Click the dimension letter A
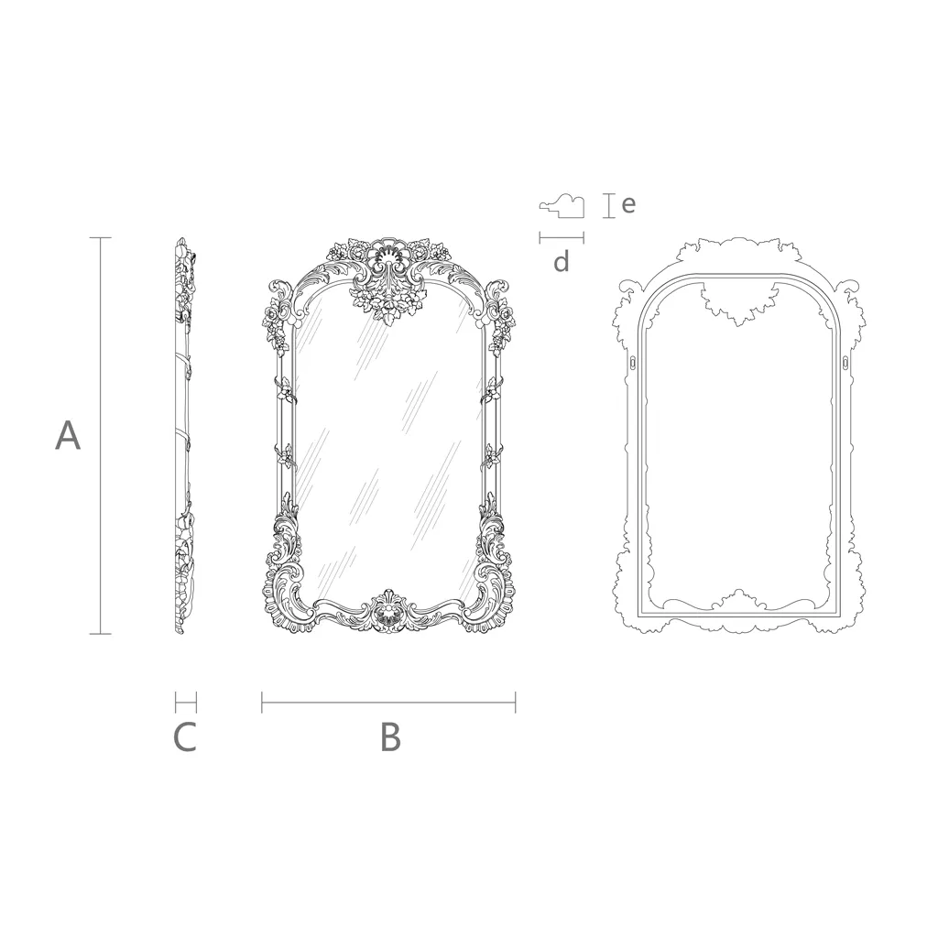click(x=68, y=435)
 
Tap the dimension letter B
click(x=390, y=737)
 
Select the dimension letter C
click(x=185, y=737)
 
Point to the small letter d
click(x=562, y=261)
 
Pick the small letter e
click(x=628, y=204)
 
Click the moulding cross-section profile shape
click(x=562, y=206)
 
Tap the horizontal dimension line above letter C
click(x=185, y=703)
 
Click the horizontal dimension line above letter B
click(x=388, y=703)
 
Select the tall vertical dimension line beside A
click(x=100, y=435)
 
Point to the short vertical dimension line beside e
click(x=608, y=206)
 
